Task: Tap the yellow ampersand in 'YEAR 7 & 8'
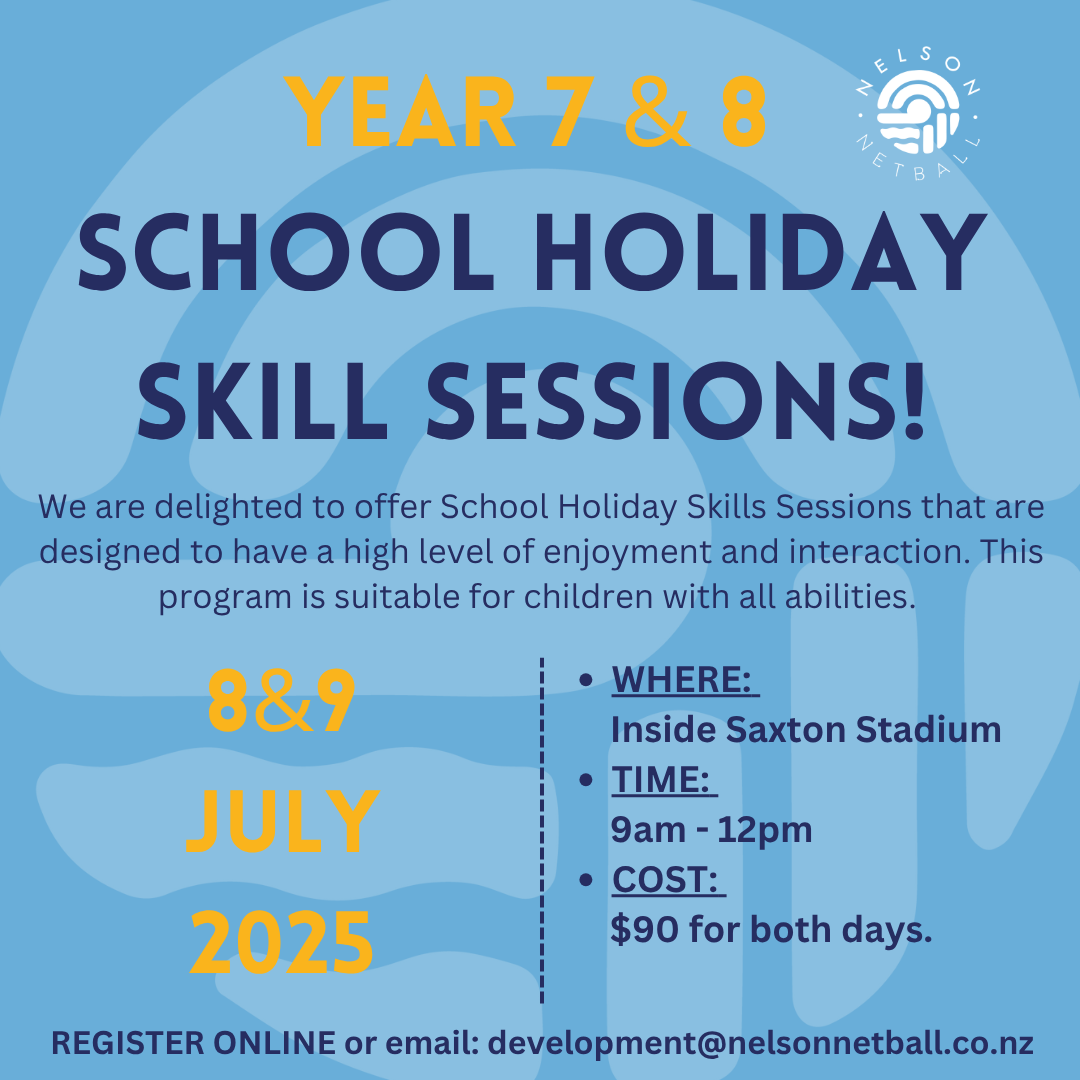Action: pyautogui.click(x=658, y=112)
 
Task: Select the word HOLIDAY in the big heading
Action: pyautogui.click(x=795, y=252)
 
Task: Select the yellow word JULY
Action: pyautogui.click(x=283, y=822)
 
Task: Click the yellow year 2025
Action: pyautogui.click(x=282, y=942)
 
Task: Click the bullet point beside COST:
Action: pyautogui.click(x=586, y=880)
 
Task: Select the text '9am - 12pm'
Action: pyautogui.click(x=712, y=830)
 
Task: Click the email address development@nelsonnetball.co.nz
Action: pyautogui.click(x=760, y=1043)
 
